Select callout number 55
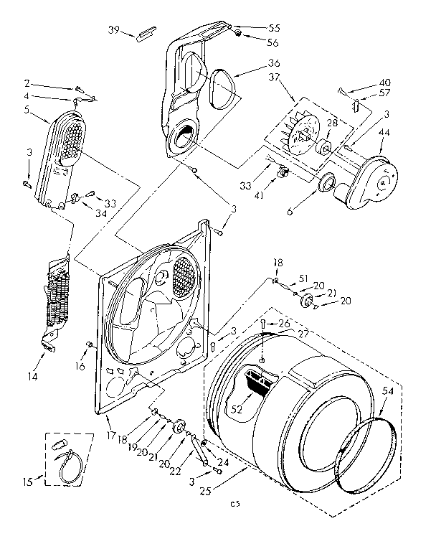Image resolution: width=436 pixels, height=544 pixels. pos(255,28)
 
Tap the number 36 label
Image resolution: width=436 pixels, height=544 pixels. pos(255,62)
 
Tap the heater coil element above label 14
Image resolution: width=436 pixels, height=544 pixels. pos(56,298)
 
